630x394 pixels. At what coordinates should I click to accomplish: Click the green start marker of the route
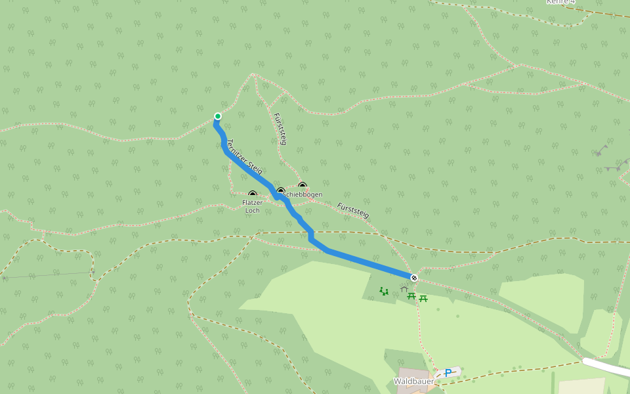[218, 116]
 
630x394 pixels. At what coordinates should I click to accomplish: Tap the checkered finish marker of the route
[414, 278]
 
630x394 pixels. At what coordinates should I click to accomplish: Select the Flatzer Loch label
[252, 206]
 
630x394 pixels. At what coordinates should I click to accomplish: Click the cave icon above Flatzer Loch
[253, 194]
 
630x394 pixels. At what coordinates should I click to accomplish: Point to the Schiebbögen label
[303, 195]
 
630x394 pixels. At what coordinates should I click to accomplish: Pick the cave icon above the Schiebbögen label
[303, 186]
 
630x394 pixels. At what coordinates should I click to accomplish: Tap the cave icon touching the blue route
[281, 192]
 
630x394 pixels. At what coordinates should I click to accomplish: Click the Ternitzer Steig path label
[244, 157]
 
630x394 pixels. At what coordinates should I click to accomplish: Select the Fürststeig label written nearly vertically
[280, 129]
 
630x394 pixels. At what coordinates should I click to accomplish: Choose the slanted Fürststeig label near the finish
[353, 211]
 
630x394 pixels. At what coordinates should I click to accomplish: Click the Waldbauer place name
[413, 381]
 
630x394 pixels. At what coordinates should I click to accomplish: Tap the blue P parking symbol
[448, 373]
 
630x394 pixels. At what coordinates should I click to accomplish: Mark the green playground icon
[384, 291]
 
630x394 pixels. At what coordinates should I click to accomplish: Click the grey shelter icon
[404, 288]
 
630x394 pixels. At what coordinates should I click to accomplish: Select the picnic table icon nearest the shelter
[411, 296]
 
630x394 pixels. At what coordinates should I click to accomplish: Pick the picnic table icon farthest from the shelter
[423, 298]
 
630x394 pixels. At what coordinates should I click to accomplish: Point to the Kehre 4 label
[560, 2]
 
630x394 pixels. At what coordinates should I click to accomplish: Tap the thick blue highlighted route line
[367, 263]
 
